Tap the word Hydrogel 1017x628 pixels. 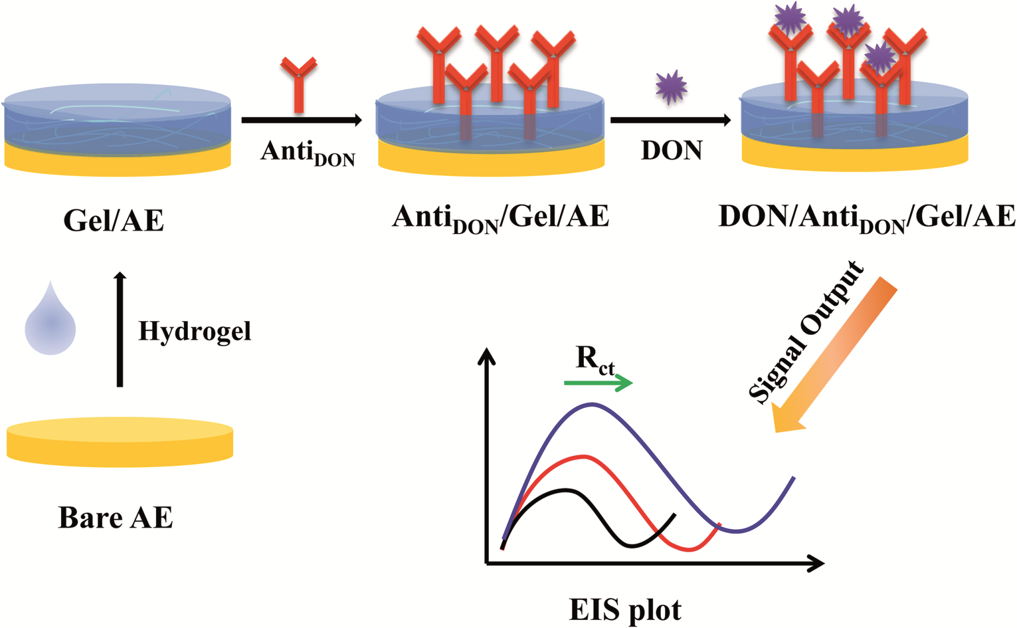pos(195,332)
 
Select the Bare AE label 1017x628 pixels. pos(116,517)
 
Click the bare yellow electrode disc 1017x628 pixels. pos(120,443)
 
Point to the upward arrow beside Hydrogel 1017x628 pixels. pos(120,329)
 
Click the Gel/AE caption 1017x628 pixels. pos(114,221)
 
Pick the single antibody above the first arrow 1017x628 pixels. pos(299,84)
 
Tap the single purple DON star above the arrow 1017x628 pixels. pos(672,87)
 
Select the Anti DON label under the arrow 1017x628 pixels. pos(308,153)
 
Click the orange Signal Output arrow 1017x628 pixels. pos(834,355)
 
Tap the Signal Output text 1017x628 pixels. pos(805,332)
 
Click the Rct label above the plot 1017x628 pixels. pos(595,361)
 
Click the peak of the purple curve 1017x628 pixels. pos(592,403)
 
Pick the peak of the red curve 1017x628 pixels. pos(585,455)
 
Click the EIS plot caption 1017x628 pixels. pos(625,610)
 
